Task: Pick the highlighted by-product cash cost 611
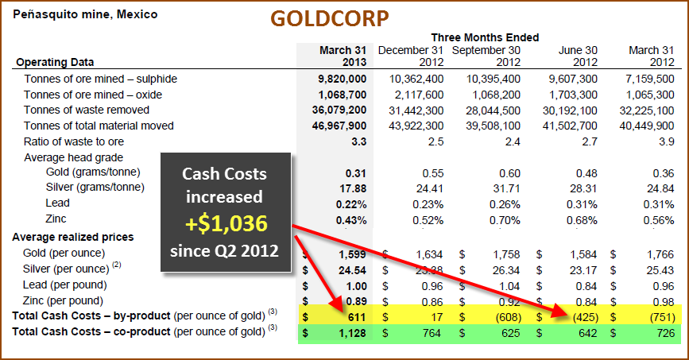coord(354,316)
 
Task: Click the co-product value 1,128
coord(351,331)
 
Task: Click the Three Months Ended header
coord(485,37)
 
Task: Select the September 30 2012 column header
coord(486,56)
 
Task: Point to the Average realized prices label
coord(72,237)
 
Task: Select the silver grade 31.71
coord(505,188)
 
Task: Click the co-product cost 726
coord(663,331)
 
